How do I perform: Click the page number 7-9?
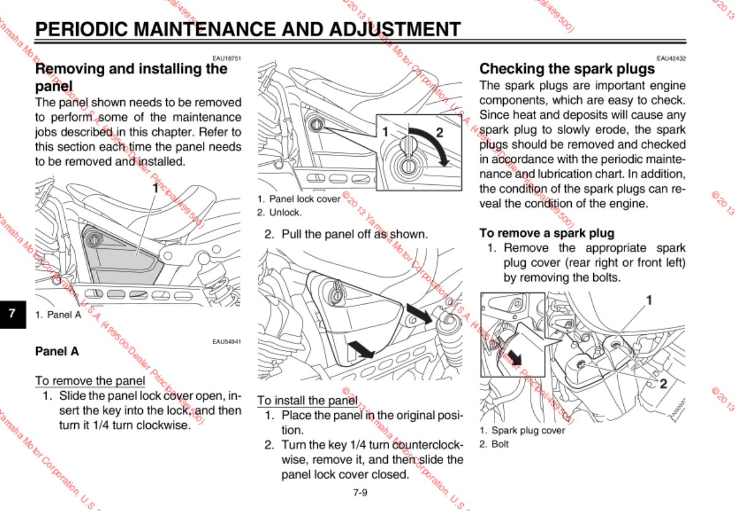[x=360, y=492]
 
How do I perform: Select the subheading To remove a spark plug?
[x=547, y=233]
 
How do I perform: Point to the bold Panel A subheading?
[x=57, y=351]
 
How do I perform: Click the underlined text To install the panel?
[x=307, y=400]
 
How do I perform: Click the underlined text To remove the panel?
[x=90, y=380]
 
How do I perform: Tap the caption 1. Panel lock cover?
[x=299, y=199]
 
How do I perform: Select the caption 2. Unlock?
[x=280, y=213]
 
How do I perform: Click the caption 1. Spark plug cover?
[x=522, y=431]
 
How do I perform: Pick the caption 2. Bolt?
[x=494, y=443]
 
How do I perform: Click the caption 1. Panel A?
[x=58, y=314]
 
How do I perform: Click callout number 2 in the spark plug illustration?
[x=664, y=384]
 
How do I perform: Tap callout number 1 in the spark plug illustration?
[x=648, y=300]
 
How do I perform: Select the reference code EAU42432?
[x=671, y=58]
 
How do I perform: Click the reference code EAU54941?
[x=226, y=341]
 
